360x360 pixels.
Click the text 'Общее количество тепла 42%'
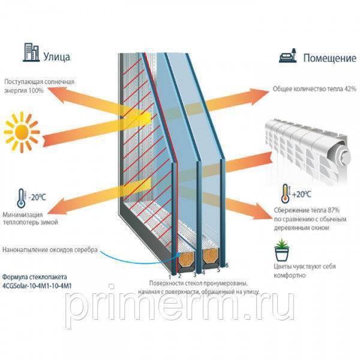[x=314, y=89]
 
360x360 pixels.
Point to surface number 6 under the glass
[x=227, y=265]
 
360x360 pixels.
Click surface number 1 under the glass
[x=172, y=278]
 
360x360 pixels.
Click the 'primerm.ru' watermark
[x=180, y=306]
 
